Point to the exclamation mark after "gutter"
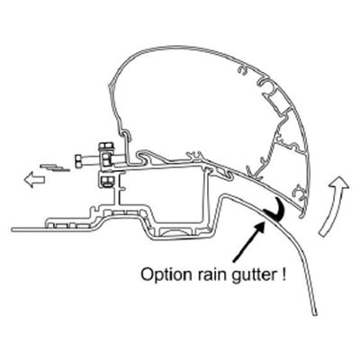pyautogui.click(x=283, y=274)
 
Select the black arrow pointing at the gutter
pyautogui.click(x=249, y=240)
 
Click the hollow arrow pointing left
pyautogui.click(x=34, y=179)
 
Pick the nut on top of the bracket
pyautogui.click(x=106, y=148)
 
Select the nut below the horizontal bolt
pyautogui.click(x=106, y=181)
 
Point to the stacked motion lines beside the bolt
pyautogui.click(x=55, y=166)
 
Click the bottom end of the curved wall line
pyautogui.click(x=314, y=314)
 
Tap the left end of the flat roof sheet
pyautogui.click(x=13, y=230)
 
